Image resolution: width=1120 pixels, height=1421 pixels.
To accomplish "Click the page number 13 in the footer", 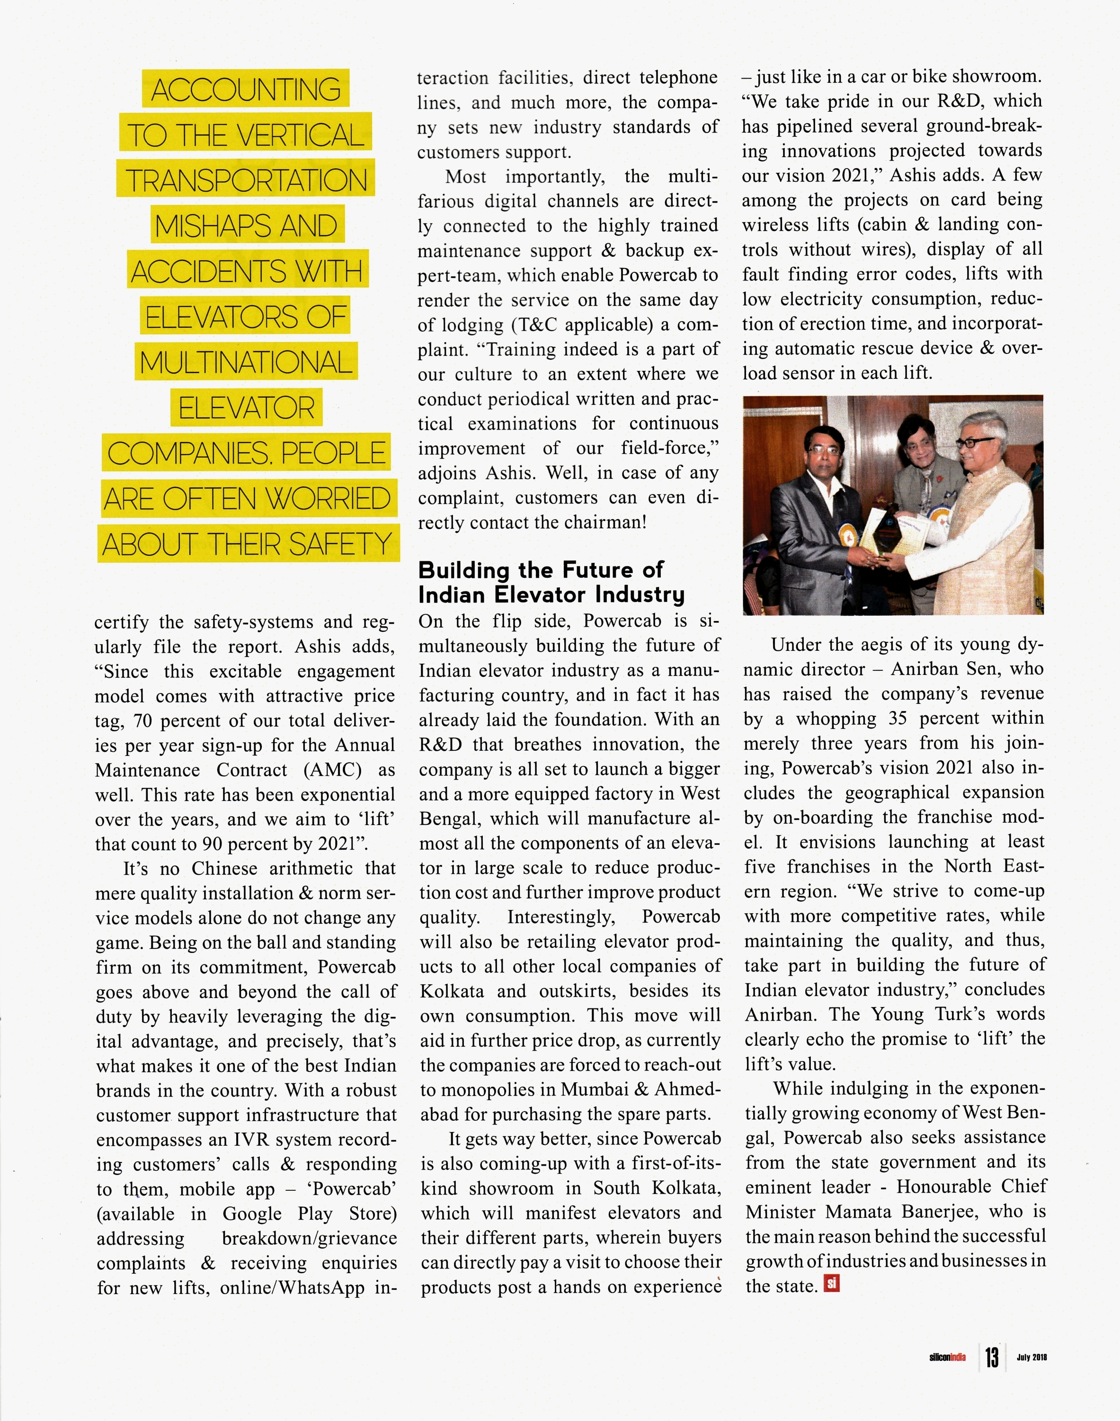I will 992,1357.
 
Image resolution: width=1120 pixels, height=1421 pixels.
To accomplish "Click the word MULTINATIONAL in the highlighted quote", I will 246,363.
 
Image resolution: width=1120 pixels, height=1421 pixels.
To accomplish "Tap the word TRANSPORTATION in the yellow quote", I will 246,181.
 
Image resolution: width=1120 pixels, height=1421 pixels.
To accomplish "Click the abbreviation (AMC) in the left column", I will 333,770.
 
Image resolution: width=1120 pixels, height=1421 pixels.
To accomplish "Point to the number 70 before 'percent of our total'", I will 143,721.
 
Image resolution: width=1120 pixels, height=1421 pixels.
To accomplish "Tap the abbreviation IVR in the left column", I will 250,1140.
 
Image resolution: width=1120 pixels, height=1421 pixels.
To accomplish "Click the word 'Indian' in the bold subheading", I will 453,595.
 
